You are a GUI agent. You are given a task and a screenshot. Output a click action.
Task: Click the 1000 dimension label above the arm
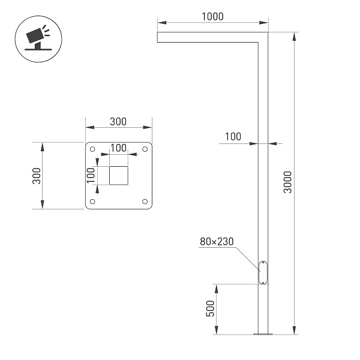(212, 17)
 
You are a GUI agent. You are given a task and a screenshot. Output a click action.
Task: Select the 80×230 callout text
(217, 242)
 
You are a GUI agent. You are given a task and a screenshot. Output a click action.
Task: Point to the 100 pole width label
(233, 137)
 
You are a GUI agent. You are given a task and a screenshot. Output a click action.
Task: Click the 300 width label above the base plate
(118, 121)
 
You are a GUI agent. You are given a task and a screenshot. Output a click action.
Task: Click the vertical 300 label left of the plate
(36, 176)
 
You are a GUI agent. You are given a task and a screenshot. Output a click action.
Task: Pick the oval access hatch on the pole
(263, 272)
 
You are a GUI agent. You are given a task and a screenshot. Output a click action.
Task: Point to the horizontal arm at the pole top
(204, 37)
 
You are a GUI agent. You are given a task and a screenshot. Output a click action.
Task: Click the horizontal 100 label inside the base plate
(118, 148)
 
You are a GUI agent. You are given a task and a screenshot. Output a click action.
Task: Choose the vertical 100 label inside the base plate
(91, 175)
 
